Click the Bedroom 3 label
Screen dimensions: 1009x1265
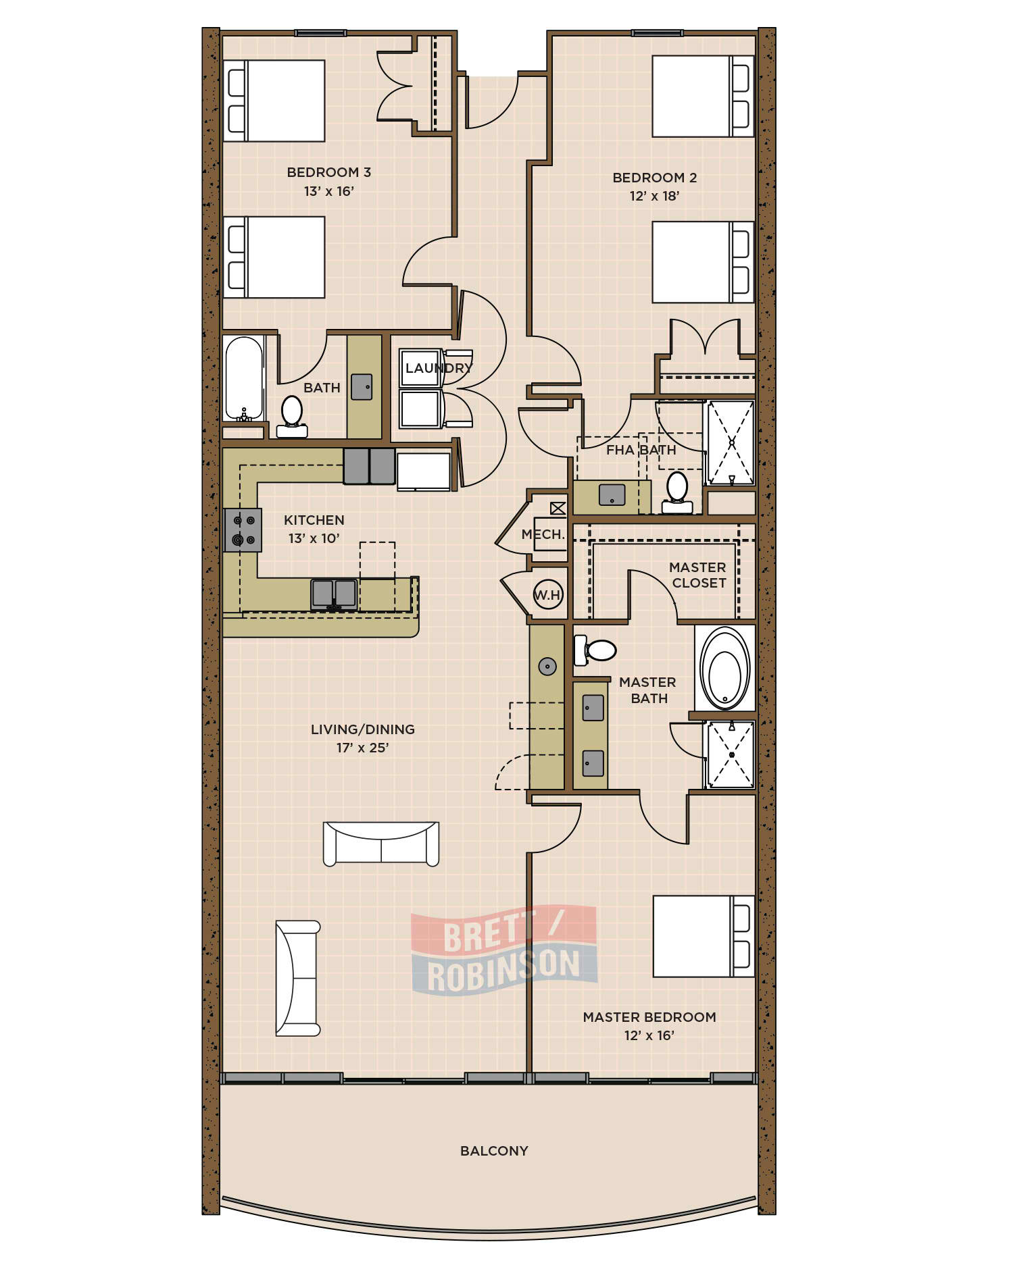pyautogui.click(x=328, y=172)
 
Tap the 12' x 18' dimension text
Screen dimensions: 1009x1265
pyautogui.click(x=654, y=196)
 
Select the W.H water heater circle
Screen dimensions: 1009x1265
pyautogui.click(x=547, y=594)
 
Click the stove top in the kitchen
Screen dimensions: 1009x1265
pyautogui.click(x=243, y=530)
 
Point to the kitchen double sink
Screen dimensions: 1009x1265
pyautogui.click(x=334, y=594)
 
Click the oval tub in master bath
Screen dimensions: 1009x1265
pyautogui.click(x=724, y=668)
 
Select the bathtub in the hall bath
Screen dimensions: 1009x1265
pyautogui.click(x=244, y=378)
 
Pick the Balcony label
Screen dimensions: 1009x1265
pyautogui.click(x=494, y=1151)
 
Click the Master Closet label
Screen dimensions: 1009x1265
pyautogui.click(x=698, y=575)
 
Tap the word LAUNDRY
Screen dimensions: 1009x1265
pyautogui.click(x=439, y=368)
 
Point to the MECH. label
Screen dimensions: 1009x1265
pyautogui.click(x=543, y=534)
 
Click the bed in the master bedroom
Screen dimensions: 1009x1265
pyautogui.click(x=704, y=936)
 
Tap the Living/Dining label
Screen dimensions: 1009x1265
pyautogui.click(x=363, y=729)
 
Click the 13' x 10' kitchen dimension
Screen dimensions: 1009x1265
pyautogui.click(x=314, y=538)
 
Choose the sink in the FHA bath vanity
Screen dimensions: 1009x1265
pyautogui.click(x=612, y=495)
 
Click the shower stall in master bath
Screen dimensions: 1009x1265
pyautogui.click(x=730, y=754)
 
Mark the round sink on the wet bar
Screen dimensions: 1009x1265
pyautogui.click(x=547, y=667)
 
